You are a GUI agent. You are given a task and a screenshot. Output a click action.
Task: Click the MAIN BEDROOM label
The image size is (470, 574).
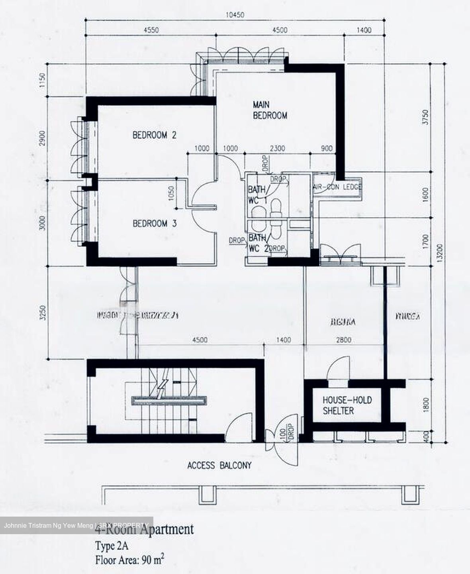(x=270, y=110)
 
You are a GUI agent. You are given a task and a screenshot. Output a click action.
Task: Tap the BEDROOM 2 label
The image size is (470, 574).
(x=155, y=135)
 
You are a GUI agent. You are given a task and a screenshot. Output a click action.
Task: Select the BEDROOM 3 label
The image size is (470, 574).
(x=155, y=224)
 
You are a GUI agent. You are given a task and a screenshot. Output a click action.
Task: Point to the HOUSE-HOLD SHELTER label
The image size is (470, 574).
(x=347, y=405)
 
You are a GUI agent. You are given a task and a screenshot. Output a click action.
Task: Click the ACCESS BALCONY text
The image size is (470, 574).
(x=219, y=465)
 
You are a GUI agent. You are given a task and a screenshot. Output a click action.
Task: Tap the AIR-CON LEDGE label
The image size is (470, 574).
(x=337, y=187)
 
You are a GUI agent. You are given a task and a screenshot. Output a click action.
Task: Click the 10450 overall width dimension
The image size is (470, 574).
(x=235, y=16)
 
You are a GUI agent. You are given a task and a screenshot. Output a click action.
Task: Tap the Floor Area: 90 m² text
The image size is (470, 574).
(x=129, y=560)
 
